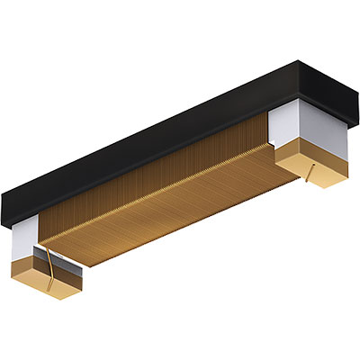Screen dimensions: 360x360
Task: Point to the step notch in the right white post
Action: pos(274,143)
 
